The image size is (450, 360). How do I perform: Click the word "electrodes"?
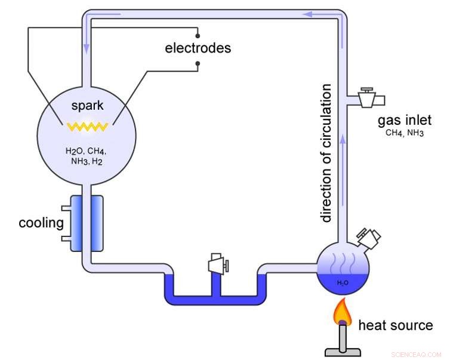198,47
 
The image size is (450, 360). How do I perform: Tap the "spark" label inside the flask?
87,106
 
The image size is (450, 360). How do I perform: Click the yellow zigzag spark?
87,126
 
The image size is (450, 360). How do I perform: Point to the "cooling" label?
41,223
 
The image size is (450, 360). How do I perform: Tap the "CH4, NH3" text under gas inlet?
404,133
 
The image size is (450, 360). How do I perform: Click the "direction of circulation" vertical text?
326,153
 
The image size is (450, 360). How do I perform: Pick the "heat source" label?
395,325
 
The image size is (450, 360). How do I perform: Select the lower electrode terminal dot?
197,63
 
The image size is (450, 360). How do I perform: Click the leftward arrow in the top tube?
309,14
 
